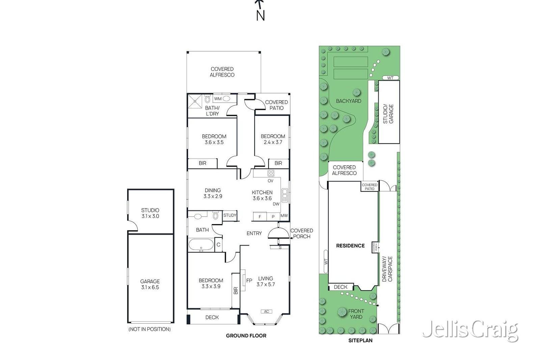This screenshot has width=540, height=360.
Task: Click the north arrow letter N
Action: click(x=260, y=16)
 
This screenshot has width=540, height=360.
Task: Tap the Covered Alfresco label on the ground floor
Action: click(x=222, y=72)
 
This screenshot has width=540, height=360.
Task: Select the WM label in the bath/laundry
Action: click(x=218, y=99)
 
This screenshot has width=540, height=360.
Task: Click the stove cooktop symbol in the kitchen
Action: click(x=271, y=173)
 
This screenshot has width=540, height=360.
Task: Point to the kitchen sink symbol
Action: click(x=285, y=195)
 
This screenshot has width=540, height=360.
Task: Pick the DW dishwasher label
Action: click(x=276, y=204)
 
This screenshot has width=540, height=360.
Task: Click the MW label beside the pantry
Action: click(x=284, y=215)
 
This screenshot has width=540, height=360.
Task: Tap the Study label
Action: click(x=230, y=215)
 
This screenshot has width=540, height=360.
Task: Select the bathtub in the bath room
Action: click(x=201, y=245)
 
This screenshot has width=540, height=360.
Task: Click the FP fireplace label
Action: click(x=249, y=280)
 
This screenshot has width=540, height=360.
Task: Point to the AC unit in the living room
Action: click(x=266, y=311)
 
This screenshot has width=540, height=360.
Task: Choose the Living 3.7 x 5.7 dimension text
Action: click(x=266, y=281)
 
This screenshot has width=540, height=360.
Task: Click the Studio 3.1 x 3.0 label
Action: click(x=150, y=213)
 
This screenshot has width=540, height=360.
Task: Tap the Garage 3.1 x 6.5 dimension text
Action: click(x=150, y=284)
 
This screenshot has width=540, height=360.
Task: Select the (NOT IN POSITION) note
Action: click(x=150, y=329)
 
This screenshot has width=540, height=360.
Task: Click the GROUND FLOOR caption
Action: click(x=246, y=336)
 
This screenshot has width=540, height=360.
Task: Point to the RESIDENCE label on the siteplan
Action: click(x=350, y=246)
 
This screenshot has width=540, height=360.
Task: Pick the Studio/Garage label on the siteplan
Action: click(x=388, y=114)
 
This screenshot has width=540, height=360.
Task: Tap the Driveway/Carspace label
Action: click(x=387, y=269)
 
